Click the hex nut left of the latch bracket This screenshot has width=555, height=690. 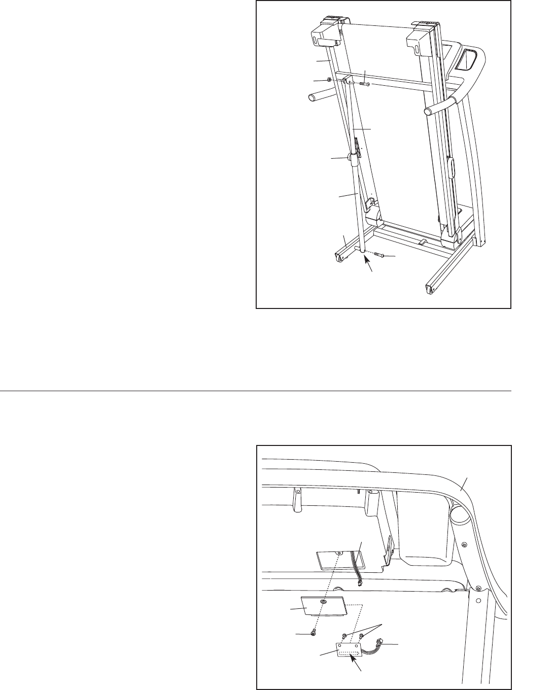[330, 80]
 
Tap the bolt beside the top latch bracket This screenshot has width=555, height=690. [364, 84]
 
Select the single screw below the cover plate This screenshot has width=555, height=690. [313, 632]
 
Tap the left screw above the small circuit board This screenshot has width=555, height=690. [345, 635]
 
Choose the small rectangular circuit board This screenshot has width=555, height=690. [349, 650]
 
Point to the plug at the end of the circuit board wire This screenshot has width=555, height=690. [382, 644]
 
